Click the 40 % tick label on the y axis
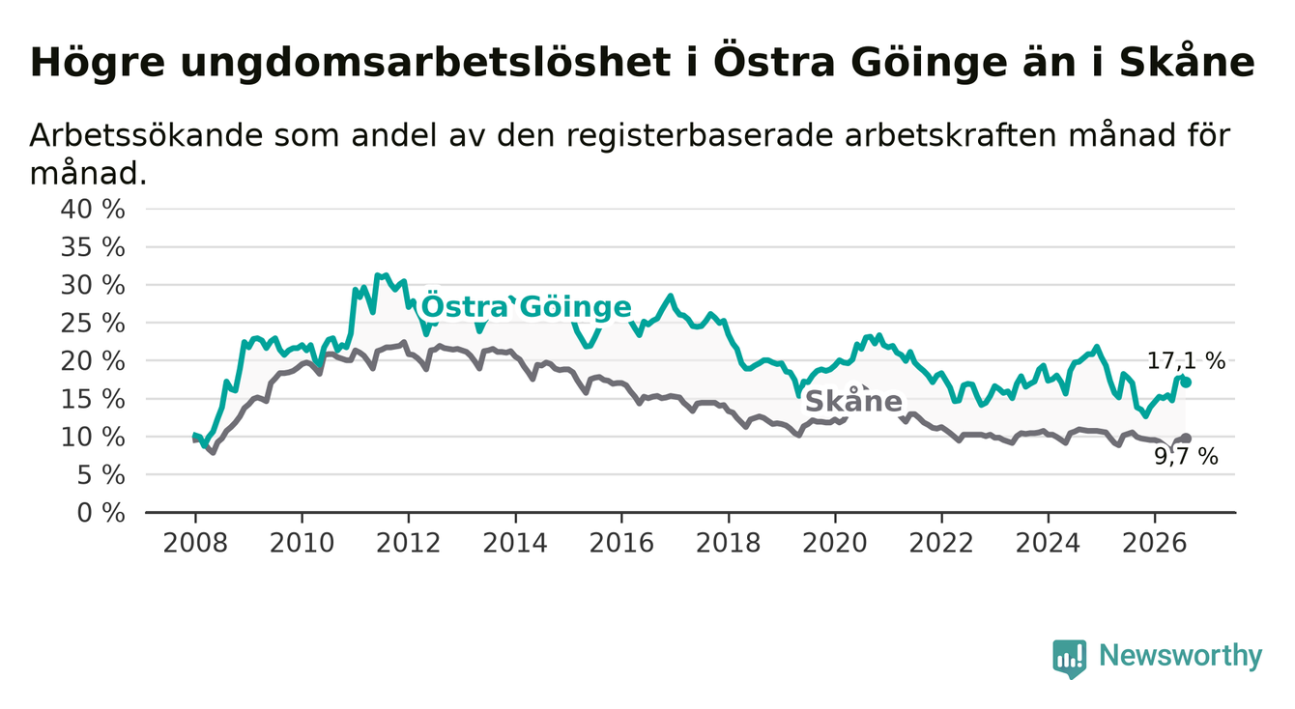click(x=93, y=210)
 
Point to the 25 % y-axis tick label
click(x=93, y=323)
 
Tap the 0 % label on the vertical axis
click(x=101, y=513)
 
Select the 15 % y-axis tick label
click(x=93, y=399)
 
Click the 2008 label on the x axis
click(x=195, y=544)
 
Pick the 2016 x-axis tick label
click(x=621, y=544)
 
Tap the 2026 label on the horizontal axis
click(x=1155, y=544)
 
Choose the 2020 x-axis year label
click(x=835, y=544)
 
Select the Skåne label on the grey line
click(x=853, y=401)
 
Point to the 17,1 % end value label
click(x=1187, y=361)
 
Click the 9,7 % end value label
click(x=1187, y=457)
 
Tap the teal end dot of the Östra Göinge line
click(x=1186, y=383)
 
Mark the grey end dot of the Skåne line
click(x=1186, y=439)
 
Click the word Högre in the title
click(x=98, y=63)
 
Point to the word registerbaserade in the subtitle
click(x=700, y=137)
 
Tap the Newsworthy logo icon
click(x=1069, y=658)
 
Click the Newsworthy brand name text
click(x=1181, y=656)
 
